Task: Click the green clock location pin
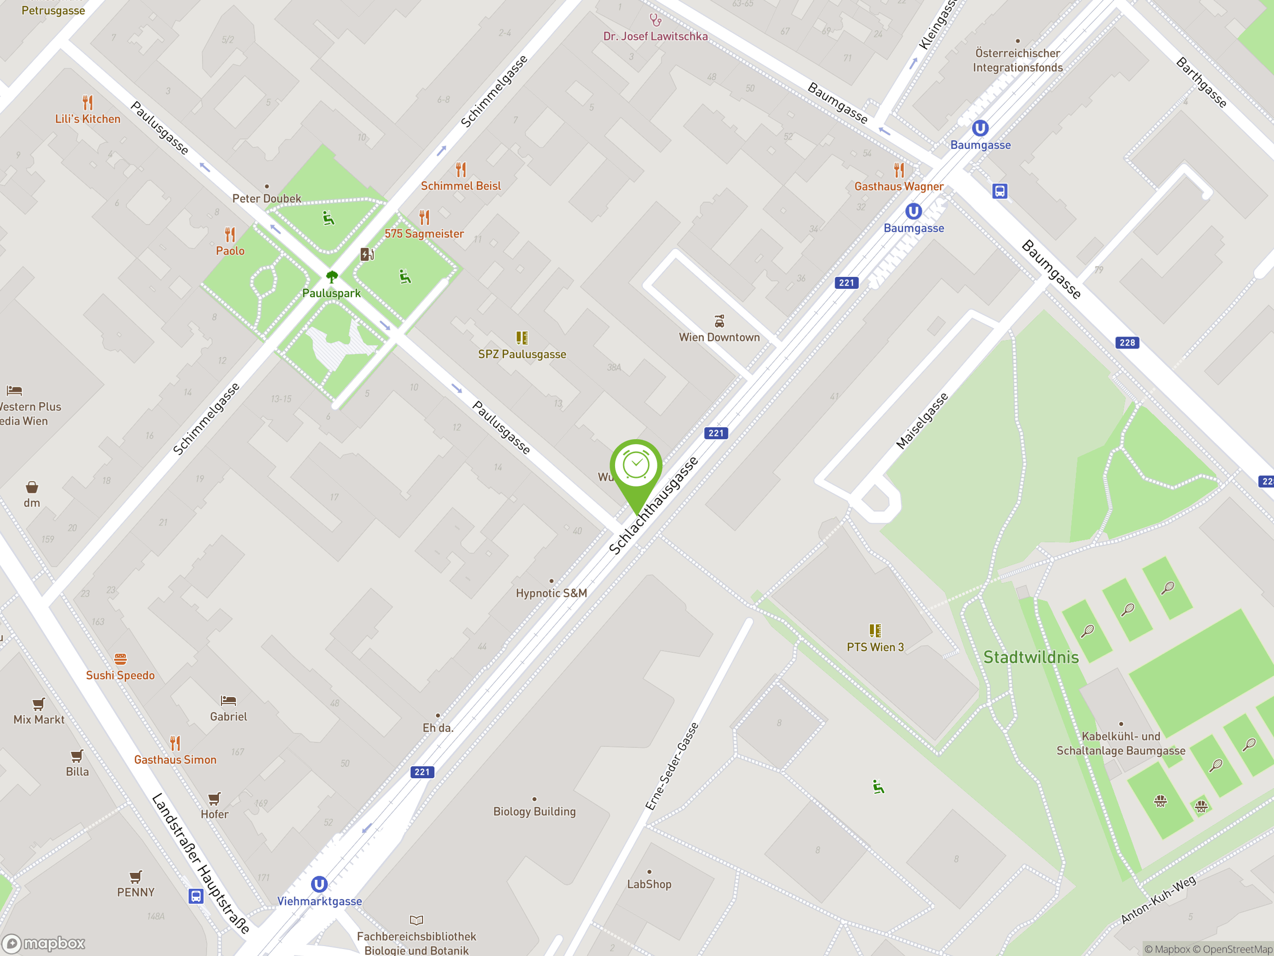(636, 467)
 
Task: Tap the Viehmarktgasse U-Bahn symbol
(319, 884)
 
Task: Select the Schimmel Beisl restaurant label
(460, 186)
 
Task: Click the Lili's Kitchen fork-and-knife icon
(88, 103)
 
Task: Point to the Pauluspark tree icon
(332, 277)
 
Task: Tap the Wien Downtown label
(719, 337)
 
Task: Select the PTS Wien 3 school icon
(875, 630)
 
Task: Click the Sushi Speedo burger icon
(120, 659)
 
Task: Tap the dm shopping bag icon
(32, 487)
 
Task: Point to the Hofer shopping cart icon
(214, 798)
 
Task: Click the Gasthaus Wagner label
(898, 187)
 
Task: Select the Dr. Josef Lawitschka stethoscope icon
(655, 21)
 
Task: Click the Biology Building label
(534, 812)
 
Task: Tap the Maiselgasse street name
(922, 421)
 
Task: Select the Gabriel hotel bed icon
(228, 701)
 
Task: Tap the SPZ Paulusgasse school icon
(522, 338)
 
